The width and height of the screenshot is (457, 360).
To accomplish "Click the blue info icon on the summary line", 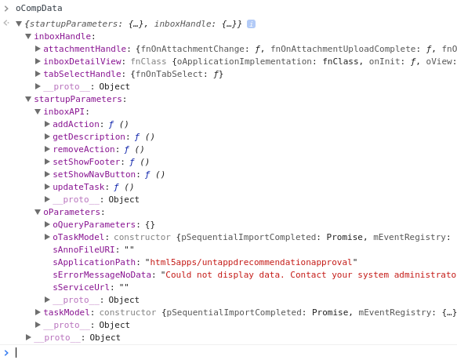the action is pyautogui.click(x=251, y=24).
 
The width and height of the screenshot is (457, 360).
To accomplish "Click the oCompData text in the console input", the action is pyautogui.click(x=38, y=8).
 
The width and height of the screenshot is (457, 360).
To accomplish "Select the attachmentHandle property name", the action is pyautogui.click(x=85, y=49).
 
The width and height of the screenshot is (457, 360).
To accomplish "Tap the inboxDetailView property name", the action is pyautogui.click(x=82, y=61).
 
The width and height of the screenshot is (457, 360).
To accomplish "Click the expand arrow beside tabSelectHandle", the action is pyautogui.click(x=38, y=74).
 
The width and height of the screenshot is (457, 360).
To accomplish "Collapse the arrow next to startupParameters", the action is pyautogui.click(x=28, y=99).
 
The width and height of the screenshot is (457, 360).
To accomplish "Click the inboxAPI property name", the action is pyautogui.click(x=63, y=111).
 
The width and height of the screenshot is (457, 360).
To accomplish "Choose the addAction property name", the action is pyautogui.click(x=76, y=124).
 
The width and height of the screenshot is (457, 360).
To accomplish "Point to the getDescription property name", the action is pyautogui.click(x=89, y=136).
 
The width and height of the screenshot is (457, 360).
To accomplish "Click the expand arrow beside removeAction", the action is pyautogui.click(x=47, y=149).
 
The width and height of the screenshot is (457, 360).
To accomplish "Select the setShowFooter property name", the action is pyautogui.click(x=86, y=162).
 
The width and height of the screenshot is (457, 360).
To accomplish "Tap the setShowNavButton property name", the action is pyautogui.click(x=94, y=174).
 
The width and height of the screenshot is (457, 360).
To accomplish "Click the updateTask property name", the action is pyautogui.click(x=78, y=187).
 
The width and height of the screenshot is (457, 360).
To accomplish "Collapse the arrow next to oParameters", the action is pyautogui.click(x=38, y=212).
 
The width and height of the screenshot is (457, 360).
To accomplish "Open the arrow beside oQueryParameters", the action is pyautogui.click(x=47, y=224).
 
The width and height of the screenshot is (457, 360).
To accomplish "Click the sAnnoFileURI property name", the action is pyautogui.click(x=84, y=249).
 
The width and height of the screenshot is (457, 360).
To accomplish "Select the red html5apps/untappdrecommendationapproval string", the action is pyautogui.click(x=251, y=262).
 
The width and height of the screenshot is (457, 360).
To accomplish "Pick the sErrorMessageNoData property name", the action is pyautogui.click(x=102, y=275).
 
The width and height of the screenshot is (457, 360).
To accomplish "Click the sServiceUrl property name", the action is pyautogui.click(x=82, y=287).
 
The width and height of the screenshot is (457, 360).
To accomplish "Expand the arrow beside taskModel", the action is pyautogui.click(x=38, y=312).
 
